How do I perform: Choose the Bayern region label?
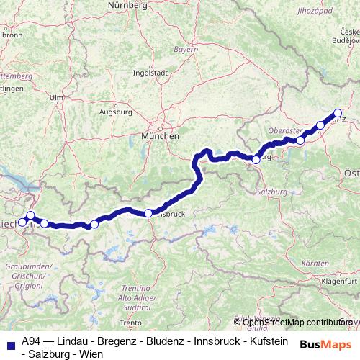185,50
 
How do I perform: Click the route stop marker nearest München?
256,160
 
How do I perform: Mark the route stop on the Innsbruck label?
148,213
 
